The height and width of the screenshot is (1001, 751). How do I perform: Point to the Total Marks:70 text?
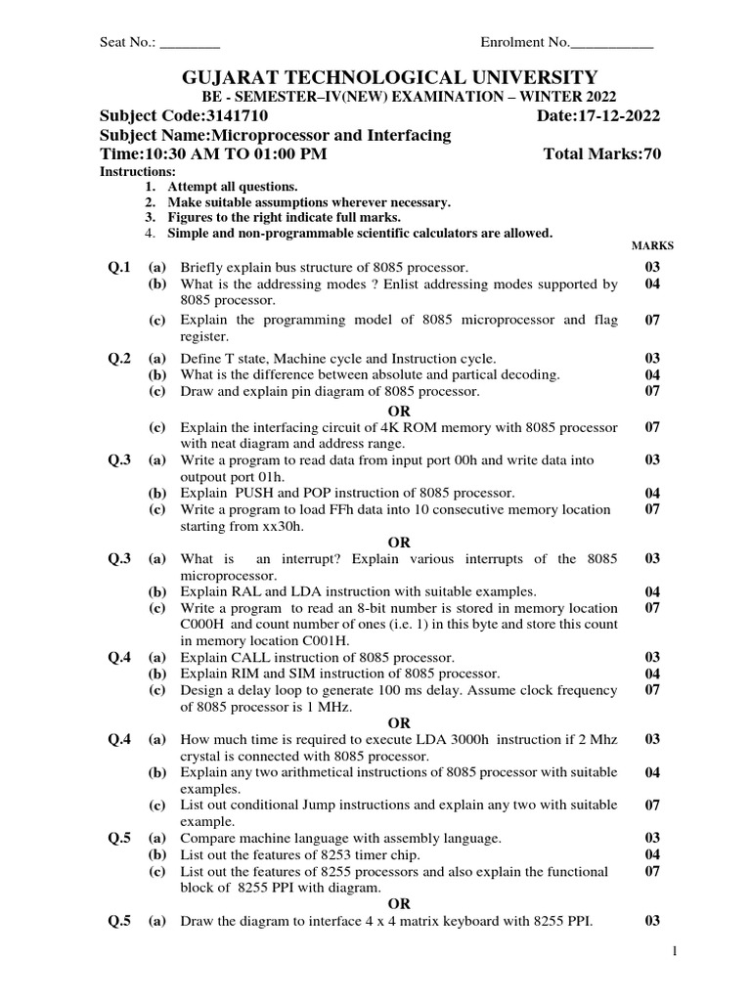(601, 154)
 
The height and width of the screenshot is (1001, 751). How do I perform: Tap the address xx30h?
(280, 525)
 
